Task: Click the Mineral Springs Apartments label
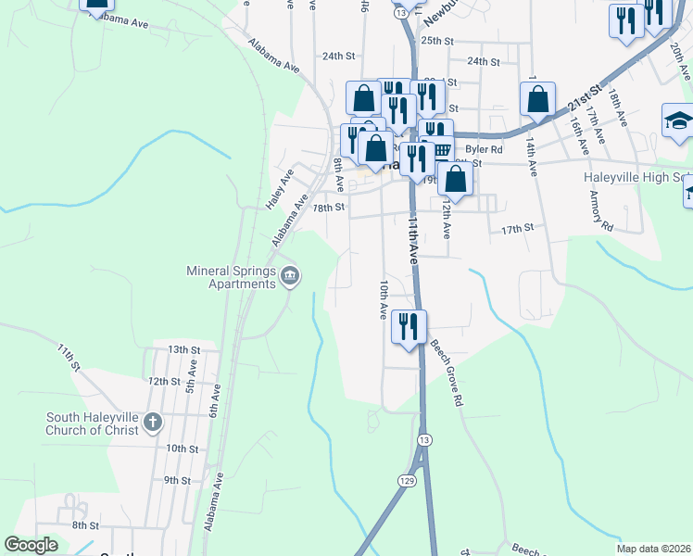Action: pyautogui.click(x=232, y=277)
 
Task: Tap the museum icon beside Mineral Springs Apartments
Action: pyautogui.click(x=290, y=276)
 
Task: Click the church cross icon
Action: pyautogui.click(x=153, y=423)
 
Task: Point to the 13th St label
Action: pyautogui.click(x=184, y=349)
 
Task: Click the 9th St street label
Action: pyautogui.click(x=177, y=480)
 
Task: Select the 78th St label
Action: pyautogui.click(x=328, y=208)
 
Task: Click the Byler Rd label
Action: pyautogui.click(x=484, y=148)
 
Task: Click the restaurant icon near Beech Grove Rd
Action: pyautogui.click(x=408, y=327)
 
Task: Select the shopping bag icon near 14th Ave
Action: pyautogui.click(x=537, y=100)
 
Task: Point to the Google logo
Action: pyautogui.click(x=31, y=545)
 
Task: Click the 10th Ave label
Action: pyautogui.click(x=382, y=300)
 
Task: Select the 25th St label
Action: pyautogui.click(x=437, y=41)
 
